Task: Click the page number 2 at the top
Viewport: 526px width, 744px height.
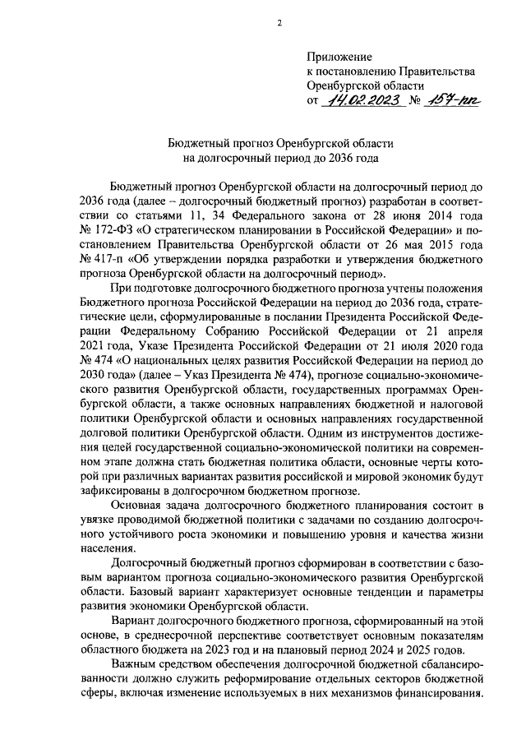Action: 279,23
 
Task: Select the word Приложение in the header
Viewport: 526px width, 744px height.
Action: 339,57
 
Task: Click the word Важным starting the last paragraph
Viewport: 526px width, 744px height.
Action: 136,663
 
